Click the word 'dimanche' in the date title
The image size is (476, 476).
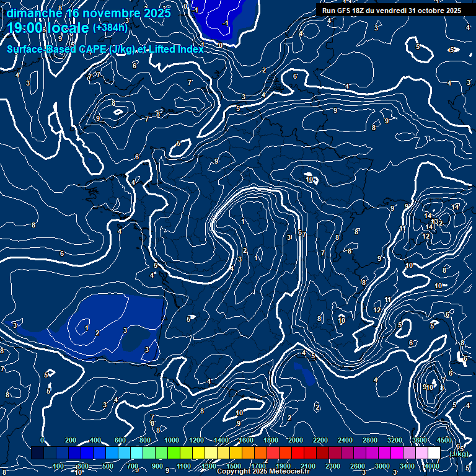pos(33,12)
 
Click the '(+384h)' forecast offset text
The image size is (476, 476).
pos(110,27)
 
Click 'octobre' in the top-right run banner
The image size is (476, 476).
pos(427,11)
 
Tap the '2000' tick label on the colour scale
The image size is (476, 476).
pos(296,440)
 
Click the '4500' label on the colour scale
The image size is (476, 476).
pos(444,440)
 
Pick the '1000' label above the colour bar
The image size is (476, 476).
pos(172,440)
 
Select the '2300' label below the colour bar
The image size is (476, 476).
pos(332,466)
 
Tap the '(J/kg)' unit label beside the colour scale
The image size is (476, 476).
pos(459,454)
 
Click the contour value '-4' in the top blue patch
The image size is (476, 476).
pos(226,23)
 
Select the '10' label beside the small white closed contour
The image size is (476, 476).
pos(309,180)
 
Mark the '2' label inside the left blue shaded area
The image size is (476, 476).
pos(97,333)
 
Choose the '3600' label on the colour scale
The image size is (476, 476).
pos(420,440)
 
